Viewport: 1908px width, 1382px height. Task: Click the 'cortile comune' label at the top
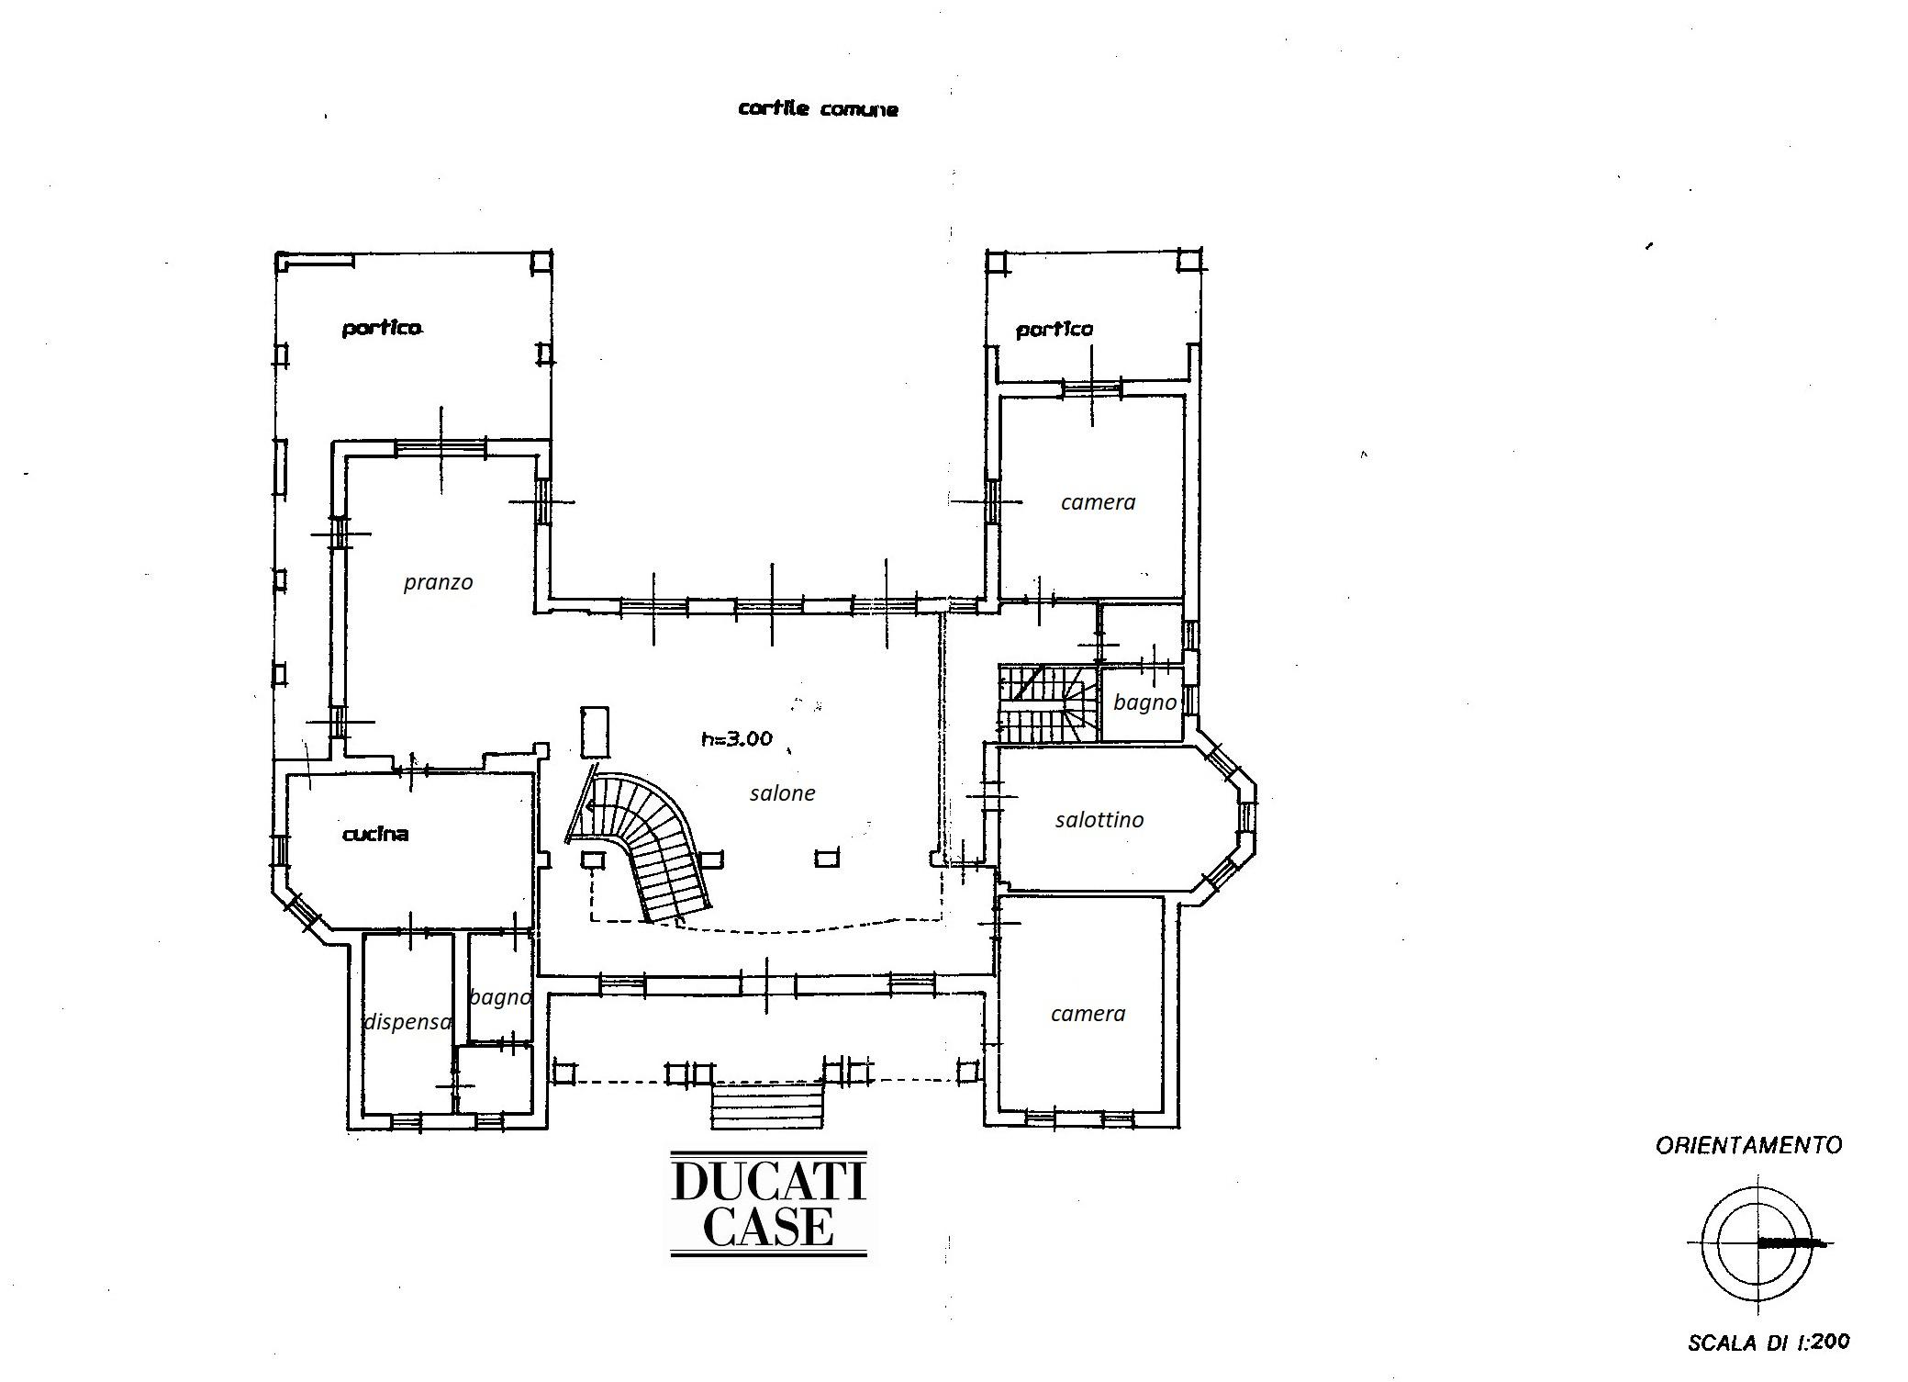tap(818, 108)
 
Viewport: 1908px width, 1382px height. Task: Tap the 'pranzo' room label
tap(438, 583)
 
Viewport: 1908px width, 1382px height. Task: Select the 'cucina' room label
tap(374, 834)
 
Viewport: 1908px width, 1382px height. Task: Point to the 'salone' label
tap(782, 792)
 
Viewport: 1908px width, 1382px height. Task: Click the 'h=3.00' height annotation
tap(737, 737)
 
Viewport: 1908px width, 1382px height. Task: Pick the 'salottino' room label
tap(1099, 819)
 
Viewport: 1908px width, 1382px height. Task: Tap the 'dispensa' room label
tap(407, 1022)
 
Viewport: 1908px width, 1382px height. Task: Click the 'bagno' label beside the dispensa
tap(500, 998)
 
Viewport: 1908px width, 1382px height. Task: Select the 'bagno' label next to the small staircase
tap(1144, 703)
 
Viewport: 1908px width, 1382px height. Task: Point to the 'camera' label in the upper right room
tap(1098, 502)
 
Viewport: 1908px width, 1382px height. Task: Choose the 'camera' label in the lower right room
tap(1088, 1014)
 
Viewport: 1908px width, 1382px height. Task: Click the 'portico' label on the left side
tap(382, 329)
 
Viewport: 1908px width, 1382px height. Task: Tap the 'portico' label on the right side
tap(1054, 330)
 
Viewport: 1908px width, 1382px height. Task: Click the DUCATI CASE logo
tap(769, 1203)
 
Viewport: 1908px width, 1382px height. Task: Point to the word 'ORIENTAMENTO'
tap(1748, 1145)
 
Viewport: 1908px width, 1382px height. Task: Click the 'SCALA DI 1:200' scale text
tap(1768, 1343)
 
